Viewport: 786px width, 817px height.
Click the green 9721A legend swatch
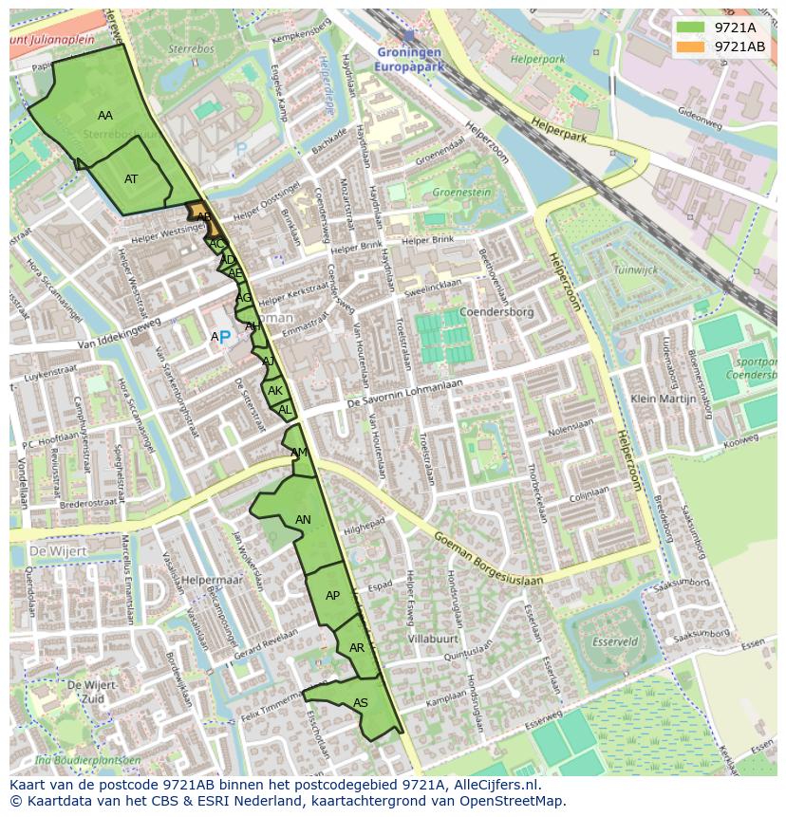click(x=691, y=28)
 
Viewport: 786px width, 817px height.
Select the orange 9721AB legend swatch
click(x=691, y=46)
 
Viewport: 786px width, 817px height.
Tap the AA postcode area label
click(x=105, y=116)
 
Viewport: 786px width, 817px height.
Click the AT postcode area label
click(x=131, y=179)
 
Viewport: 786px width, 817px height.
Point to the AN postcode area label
click(x=303, y=520)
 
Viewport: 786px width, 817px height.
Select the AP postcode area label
click(x=332, y=596)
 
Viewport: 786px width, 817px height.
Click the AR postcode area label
click(x=357, y=648)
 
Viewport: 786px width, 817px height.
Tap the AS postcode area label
click(x=361, y=703)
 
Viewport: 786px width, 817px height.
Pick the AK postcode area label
click(x=275, y=391)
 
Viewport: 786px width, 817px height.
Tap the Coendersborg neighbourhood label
click(x=496, y=312)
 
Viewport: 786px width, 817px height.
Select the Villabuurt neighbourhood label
click(x=433, y=640)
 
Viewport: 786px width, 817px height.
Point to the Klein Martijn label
click(x=664, y=399)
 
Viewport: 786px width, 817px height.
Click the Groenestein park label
click(x=461, y=193)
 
